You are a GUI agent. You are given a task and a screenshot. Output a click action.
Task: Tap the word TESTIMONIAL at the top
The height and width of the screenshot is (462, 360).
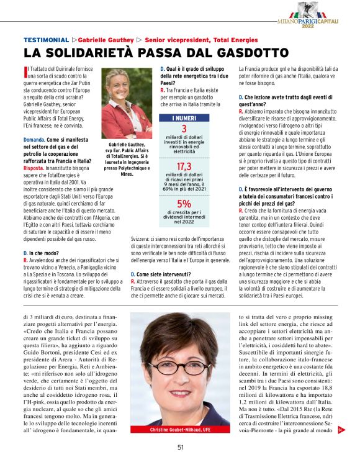(45, 38)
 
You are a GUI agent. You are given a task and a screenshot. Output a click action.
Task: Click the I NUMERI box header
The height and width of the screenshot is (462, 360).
(184, 118)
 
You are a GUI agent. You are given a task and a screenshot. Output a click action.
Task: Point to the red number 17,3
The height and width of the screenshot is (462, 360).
(184, 166)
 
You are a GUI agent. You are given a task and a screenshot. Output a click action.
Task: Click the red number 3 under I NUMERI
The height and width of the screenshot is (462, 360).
(184, 129)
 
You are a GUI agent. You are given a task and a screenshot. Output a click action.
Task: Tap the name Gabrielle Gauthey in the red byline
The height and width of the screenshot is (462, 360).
(106, 38)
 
